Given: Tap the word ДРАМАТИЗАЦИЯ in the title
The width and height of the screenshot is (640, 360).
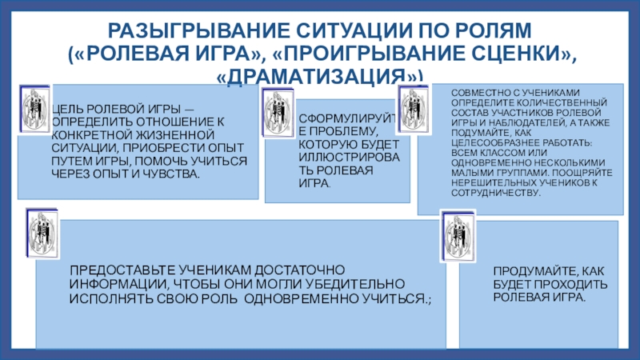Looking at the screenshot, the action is tap(320, 77).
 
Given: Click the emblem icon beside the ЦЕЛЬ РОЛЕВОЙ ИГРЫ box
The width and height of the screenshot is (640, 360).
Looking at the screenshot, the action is tap(33, 108).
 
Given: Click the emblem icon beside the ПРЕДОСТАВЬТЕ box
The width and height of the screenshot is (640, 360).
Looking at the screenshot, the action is tap(42, 233).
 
